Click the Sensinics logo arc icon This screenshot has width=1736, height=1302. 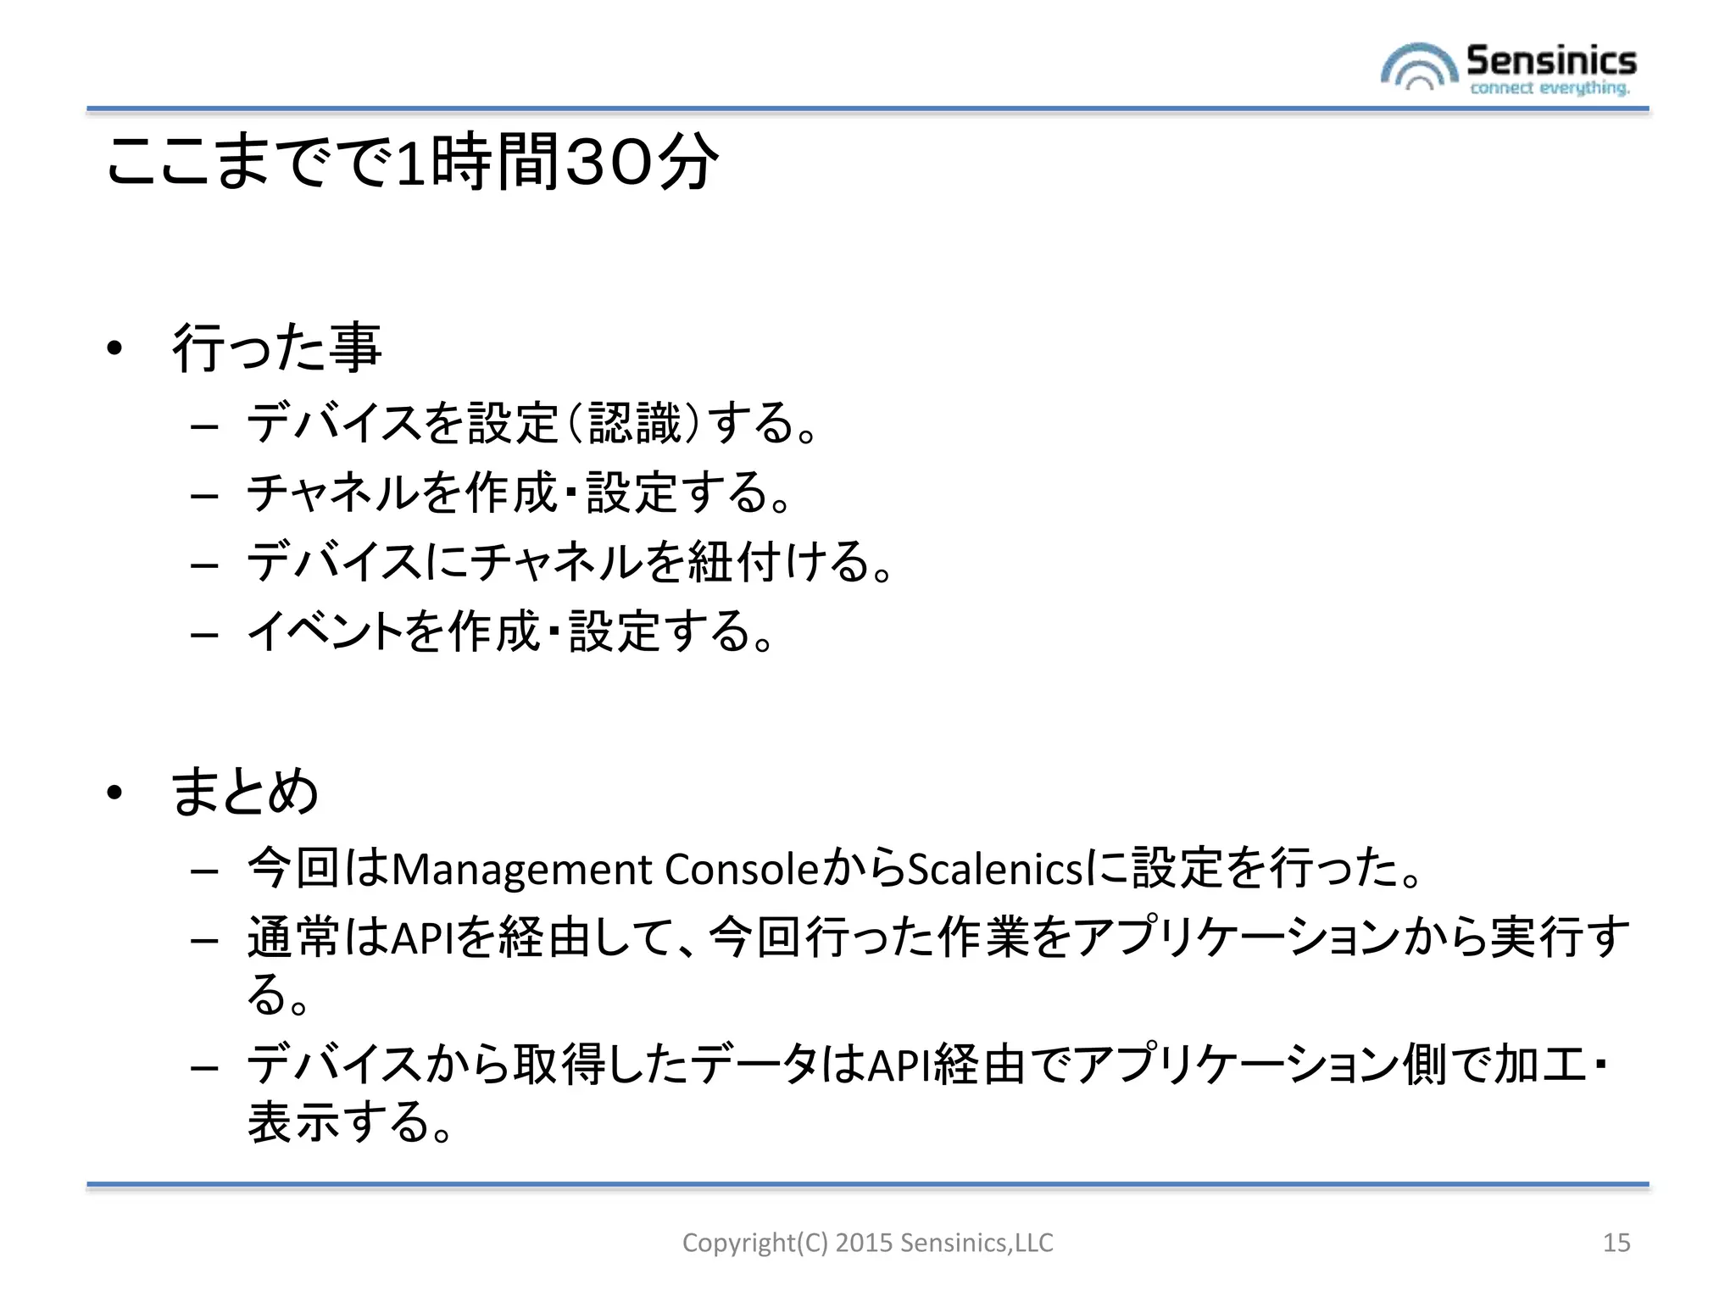click(1419, 67)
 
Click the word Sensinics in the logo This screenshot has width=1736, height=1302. click(1551, 60)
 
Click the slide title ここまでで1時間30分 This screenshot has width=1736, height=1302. click(412, 161)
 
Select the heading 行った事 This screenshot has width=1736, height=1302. click(276, 348)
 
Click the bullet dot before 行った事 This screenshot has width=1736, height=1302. click(115, 348)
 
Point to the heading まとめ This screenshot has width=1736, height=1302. click(245, 792)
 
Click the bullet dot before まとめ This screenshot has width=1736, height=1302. click(115, 793)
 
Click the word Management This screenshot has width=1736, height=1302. click(521, 870)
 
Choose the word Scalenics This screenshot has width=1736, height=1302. click(996, 870)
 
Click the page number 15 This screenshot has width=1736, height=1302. click(1616, 1243)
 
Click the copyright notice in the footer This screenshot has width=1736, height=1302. click(867, 1243)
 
